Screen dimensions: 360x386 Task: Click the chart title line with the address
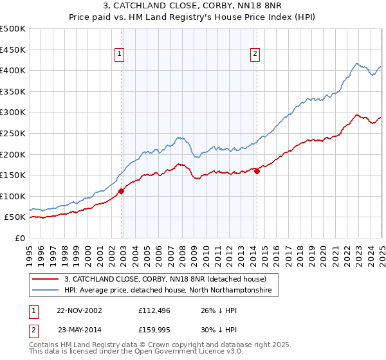pos(192,7)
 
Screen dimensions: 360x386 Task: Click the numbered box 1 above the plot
pos(120,55)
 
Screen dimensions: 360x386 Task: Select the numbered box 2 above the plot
pos(255,55)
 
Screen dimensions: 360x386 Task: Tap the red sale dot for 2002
pos(122,190)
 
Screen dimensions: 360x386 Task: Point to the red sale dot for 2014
pos(257,171)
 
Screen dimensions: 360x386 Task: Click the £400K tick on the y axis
pos(14,70)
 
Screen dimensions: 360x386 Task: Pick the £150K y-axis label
pos(14,175)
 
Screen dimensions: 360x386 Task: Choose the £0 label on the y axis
pos(21,238)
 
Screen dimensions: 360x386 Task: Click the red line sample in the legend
pos(46,279)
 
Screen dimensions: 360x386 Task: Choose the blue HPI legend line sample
pos(46,291)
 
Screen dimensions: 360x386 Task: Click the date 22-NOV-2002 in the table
pos(79,310)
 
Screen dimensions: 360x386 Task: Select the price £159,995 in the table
pos(156,329)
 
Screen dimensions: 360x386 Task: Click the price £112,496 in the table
pos(156,310)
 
